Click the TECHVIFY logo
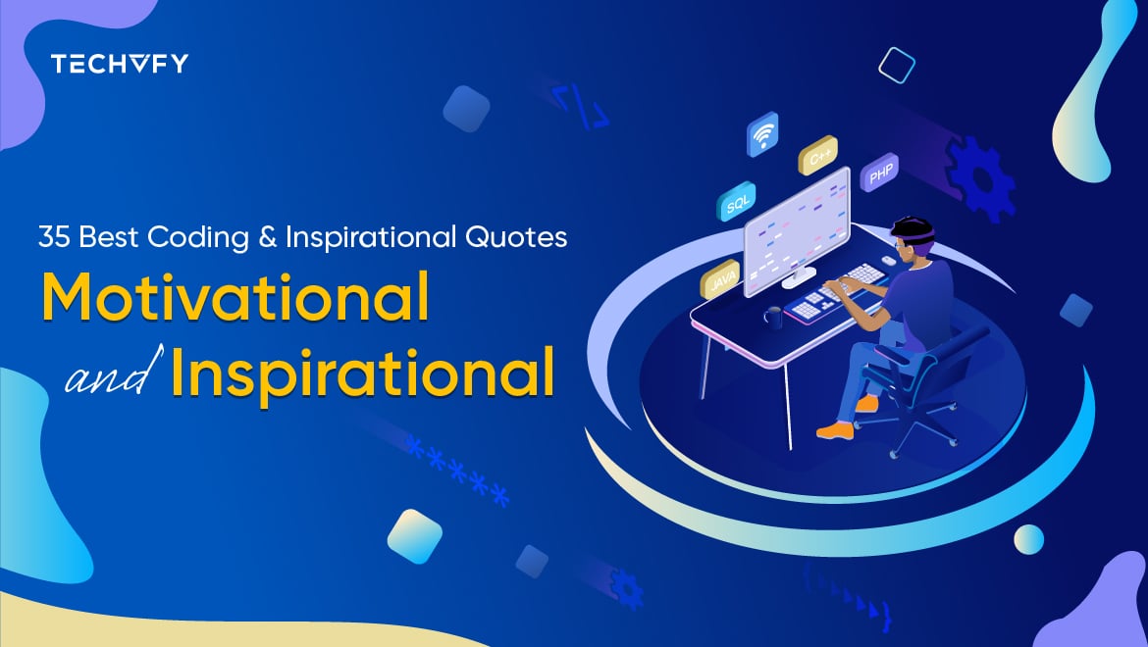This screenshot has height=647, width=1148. click(x=119, y=65)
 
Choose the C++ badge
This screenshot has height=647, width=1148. click(x=816, y=155)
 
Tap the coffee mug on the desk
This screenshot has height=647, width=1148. click(x=773, y=316)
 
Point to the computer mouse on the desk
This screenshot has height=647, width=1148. click(x=887, y=260)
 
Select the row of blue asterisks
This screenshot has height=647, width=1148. click(x=456, y=472)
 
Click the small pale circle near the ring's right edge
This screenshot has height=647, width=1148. click(x=1028, y=538)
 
